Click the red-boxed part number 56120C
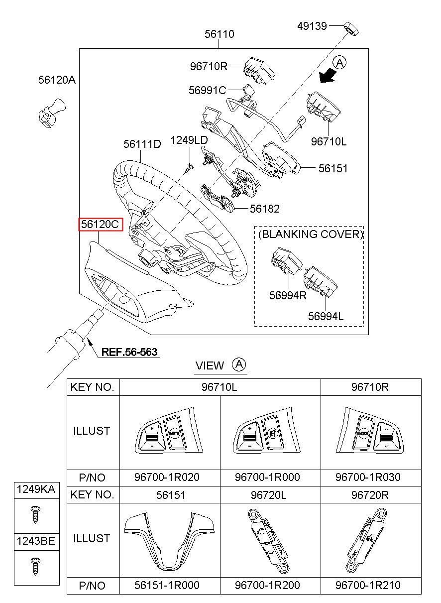[100, 225]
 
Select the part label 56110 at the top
[220, 34]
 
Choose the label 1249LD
[189, 140]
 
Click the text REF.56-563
[129, 353]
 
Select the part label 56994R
[288, 294]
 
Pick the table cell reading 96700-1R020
[167, 477]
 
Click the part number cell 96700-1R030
[368, 477]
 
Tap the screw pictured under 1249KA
[36, 513]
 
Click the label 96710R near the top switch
[209, 66]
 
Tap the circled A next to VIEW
[239, 364]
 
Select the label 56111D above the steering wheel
[142, 144]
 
